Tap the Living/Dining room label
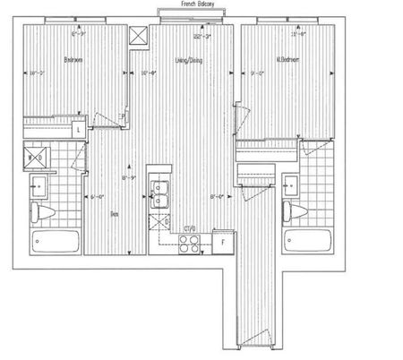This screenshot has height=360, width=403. [x=185, y=61]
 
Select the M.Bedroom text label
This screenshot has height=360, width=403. [x=287, y=61]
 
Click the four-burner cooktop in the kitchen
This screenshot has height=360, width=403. [x=189, y=244]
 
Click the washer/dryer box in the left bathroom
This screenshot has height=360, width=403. [x=38, y=159]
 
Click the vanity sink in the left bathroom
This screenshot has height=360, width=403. [x=37, y=187]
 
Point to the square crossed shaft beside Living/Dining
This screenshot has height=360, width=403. [x=138, y=36]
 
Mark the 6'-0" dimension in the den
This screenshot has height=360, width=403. [x=96, y=196]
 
